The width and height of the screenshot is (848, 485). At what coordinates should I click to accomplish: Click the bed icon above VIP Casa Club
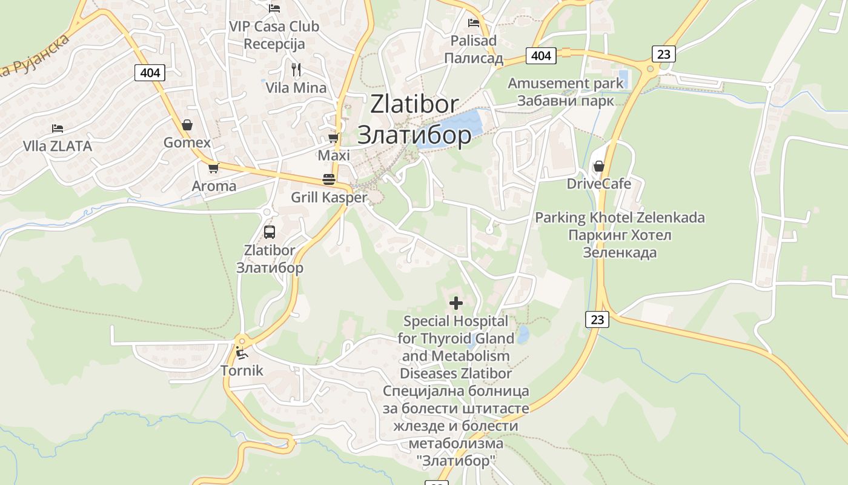(x=274, y=8)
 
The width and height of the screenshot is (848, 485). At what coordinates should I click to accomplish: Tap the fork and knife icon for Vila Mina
(x=296, y=70)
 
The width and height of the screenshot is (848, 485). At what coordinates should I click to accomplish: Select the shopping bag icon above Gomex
(x=187, y=125)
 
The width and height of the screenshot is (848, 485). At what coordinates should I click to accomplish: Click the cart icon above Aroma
(x=213, y=168)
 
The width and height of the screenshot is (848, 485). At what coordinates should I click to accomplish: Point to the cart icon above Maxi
(x=333, y=138)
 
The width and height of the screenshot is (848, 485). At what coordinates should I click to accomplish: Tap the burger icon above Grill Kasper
(x=329, y=179)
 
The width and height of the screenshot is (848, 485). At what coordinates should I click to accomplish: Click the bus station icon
(x=270, y=232)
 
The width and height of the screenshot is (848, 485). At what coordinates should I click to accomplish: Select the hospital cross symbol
(x=456, y=303)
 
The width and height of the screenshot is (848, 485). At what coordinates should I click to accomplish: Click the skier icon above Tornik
(x=242, y=352)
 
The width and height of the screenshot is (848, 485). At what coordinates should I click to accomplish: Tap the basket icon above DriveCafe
(x=599, y=166)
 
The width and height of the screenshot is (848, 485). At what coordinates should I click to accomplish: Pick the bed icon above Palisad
(x=474, y=23)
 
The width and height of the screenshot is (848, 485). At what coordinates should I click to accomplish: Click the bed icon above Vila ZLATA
(x=58, y=129)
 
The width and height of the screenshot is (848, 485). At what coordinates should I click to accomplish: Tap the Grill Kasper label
(x=329, y=197)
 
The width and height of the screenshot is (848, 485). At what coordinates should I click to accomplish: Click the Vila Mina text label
(x=296, y=87)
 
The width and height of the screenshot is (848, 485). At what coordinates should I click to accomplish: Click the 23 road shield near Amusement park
(x=664, y=54)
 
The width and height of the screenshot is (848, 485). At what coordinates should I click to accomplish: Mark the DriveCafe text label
(x=598, y=184)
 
